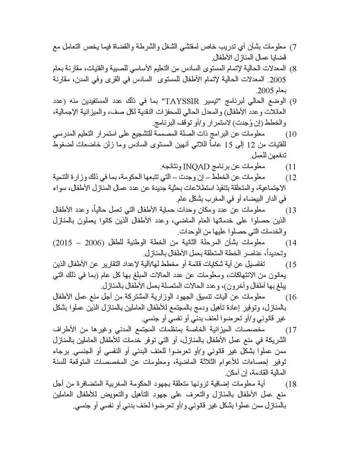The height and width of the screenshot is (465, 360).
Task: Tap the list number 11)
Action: click(x=291, y=167)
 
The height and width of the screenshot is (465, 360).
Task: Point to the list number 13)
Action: click(x=291, y=210)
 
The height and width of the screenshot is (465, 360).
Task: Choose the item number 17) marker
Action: click(x=291, y=330)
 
